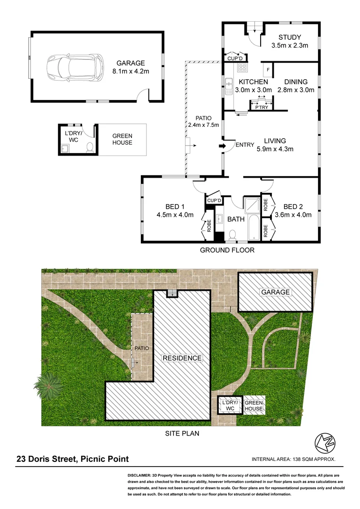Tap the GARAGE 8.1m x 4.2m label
[131, 67]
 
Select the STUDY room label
[289, 41]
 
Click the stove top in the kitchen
[243, 67]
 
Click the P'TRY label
[261, 107]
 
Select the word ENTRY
[245, 145]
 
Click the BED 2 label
[295, 210]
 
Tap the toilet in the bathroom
[231, 234]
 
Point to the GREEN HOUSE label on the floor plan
[122, 139]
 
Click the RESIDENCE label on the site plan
[182, 358]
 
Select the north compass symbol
[323, 442]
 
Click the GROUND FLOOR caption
[227, 250]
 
